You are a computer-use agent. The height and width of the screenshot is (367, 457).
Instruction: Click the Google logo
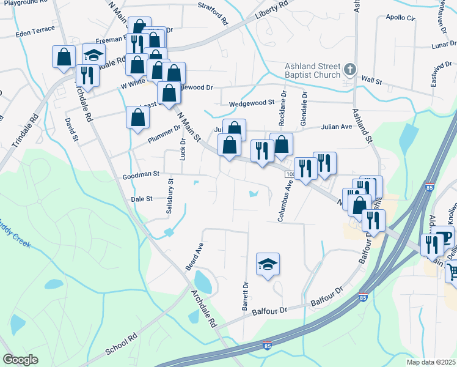20,360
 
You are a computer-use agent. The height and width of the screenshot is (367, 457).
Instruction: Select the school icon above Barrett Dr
268,264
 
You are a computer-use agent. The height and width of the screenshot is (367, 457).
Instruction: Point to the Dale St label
141,199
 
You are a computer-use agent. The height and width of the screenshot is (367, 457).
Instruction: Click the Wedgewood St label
251,104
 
